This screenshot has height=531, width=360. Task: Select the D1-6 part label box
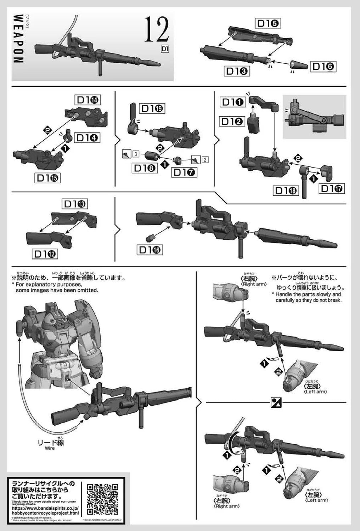(x=323, y=67)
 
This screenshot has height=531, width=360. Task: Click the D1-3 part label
(x=237, y=71)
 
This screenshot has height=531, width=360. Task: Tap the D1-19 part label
(x=153, y=109)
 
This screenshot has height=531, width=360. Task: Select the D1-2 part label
(x=233, y=121)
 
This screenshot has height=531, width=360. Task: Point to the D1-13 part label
(x=75, y=204)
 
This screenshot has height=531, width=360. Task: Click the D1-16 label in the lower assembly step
(x=150, y=250)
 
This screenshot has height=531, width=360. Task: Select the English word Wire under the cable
(x=50, y=448)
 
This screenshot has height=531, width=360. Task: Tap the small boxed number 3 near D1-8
(x=136, y=154)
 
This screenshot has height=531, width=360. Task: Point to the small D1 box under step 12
(x=164, y=49)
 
